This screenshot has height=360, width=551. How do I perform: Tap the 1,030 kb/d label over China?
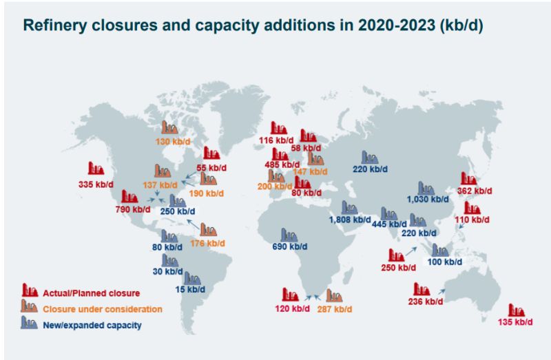coord(427,200)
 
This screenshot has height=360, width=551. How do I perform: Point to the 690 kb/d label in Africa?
coord(289,246)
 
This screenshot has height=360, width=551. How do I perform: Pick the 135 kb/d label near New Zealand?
coord(515,322)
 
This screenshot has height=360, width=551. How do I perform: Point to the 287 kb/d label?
coord(335,309)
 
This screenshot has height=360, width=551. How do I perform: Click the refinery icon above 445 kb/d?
coord(389,213)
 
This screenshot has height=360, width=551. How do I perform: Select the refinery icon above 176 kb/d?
coord(208,231)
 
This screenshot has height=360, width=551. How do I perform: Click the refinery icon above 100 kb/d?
coord(439,250)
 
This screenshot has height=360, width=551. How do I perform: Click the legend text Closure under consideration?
coord(103,309)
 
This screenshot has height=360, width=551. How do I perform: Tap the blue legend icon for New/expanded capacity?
coord(30,322)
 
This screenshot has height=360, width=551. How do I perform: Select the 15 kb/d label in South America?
coord(191,290)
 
